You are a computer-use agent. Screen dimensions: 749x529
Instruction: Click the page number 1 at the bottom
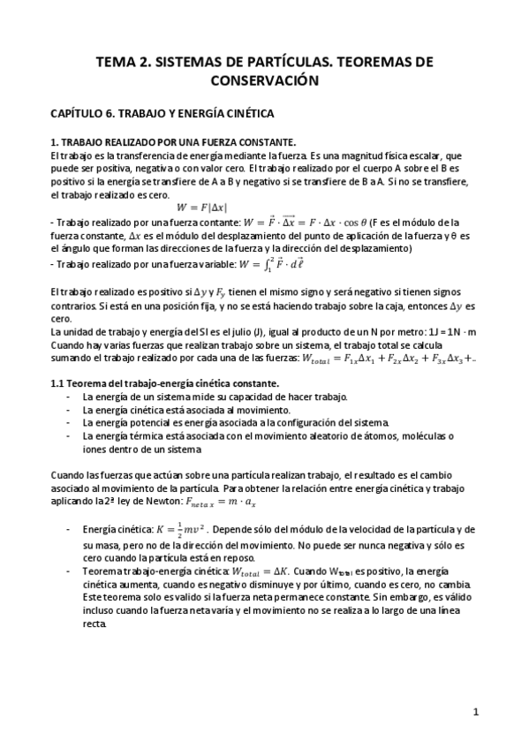pos(475,711)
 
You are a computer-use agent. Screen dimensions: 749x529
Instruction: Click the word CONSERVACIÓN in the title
pos(264,79)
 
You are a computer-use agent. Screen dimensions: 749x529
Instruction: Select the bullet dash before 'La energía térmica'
pos(70,435)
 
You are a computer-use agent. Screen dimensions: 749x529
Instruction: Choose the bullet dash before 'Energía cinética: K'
pos(70,529)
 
